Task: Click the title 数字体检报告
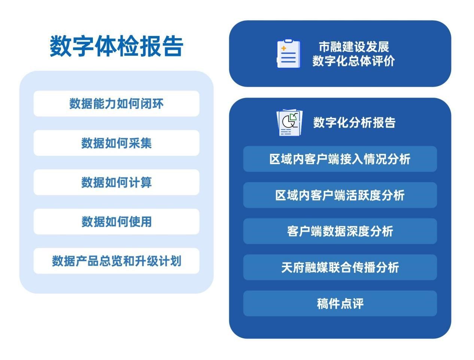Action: tap(116, 46)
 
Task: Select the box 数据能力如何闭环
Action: tap(116, 104)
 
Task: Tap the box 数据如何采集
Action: tap(116, 143)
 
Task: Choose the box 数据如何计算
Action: tap(116, 182)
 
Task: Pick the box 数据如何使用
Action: tap(116, 222)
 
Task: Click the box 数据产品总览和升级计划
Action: tap(116, 261)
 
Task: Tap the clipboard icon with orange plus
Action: tap(289, 54)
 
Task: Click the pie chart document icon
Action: tap(289, 123)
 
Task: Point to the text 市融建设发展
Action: tap(354, 47)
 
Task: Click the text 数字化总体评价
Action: tap(354, 61)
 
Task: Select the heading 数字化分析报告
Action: tap(354, 122)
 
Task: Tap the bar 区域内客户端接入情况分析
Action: tap(340, 159)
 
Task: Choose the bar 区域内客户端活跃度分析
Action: tap(340, 195)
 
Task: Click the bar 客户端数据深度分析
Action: tap(340, 231)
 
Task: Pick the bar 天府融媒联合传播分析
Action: tap(340, 268)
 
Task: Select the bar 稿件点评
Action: tap(340, 303)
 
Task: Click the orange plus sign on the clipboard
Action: tap(284, 48)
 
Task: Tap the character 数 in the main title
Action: tap(61, 46)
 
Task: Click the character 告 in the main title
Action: tap(173, 46)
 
